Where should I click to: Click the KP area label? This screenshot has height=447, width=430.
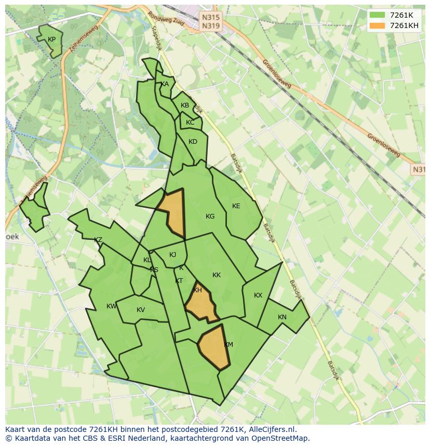pos(51,39)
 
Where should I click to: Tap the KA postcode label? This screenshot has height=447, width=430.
pos(165,84)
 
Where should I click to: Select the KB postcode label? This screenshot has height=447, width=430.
pos(185,105)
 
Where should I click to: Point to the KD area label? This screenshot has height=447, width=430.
pos(193,142)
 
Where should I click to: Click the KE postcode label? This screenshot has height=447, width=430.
pos(236,206)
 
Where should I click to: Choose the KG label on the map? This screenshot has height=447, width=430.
pos(210,216)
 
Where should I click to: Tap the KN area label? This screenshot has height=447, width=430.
pos(282,317)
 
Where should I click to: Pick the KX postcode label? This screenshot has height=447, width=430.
pos(258,295)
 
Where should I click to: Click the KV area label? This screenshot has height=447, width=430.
pos(140,310)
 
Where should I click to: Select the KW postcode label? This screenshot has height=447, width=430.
pos(112,306)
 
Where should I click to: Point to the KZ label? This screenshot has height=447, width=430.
pos(98,240)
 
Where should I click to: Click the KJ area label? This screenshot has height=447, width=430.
pos(173,254)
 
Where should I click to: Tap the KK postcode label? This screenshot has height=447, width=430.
pos(217,275)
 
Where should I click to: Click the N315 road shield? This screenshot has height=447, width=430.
pos(210,17)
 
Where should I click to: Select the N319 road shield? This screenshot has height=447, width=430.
pos(210,25)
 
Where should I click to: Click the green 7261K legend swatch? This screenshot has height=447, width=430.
pos(377,16)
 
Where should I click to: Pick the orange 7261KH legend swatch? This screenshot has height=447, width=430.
pos(377,26)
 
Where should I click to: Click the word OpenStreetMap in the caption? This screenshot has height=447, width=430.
pos(280,438)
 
